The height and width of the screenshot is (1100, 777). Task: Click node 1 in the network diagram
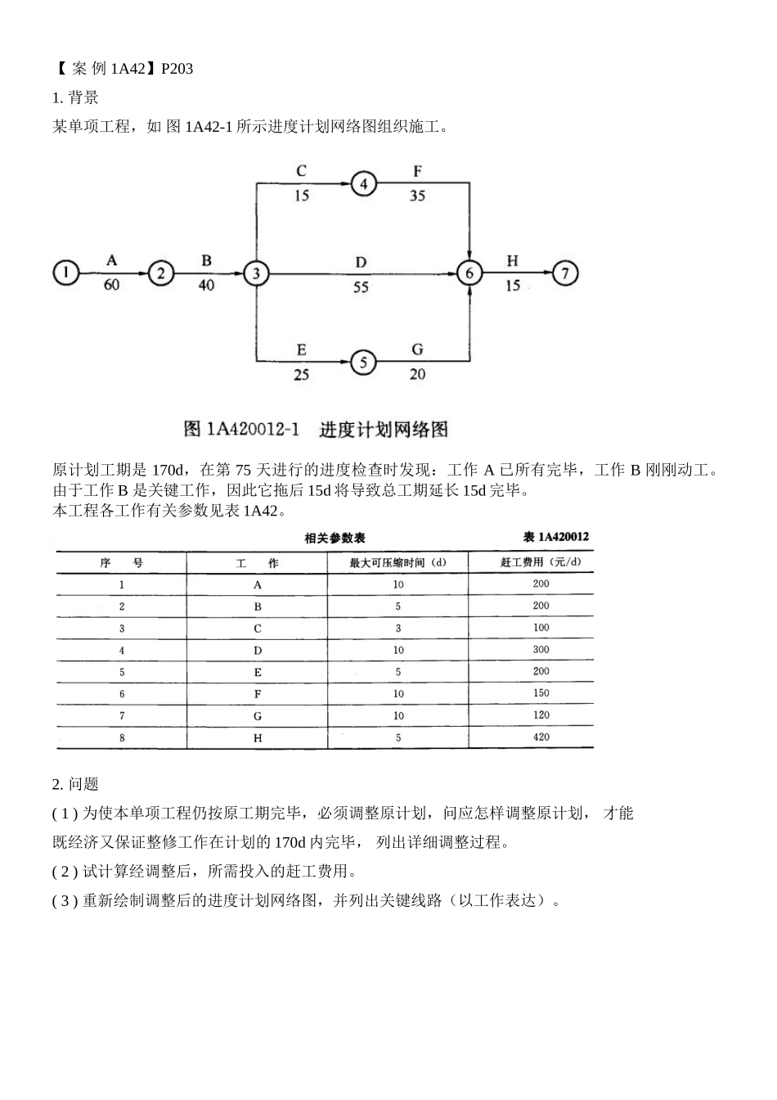pos(66,273)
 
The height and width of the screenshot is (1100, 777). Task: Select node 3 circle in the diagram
pos(256,273)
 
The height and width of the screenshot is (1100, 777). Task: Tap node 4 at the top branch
pos(363,183)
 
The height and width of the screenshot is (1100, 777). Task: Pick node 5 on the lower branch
pos(363,362)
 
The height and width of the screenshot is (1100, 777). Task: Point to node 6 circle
pos(469,273)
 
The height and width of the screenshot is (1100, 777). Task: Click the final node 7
pos(565,273)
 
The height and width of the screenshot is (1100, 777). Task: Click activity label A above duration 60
pos(112,260)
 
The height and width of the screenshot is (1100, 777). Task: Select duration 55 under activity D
pos(361,288)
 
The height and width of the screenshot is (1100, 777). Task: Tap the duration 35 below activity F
pos(417,196)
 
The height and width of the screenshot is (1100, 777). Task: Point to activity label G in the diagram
pos(417,349)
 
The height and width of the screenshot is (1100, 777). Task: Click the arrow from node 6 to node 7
pos(517,273)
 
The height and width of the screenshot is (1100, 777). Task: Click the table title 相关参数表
pos(335,539)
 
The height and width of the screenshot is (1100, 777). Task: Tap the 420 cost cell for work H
pos(541,737)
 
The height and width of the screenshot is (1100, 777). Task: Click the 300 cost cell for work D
pos(541,649)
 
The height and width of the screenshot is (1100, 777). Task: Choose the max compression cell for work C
pos(398,628)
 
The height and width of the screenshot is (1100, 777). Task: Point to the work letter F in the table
pos(258,693)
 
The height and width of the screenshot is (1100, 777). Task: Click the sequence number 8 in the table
pos(122,737)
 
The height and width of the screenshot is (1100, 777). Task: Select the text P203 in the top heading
pos(177,69)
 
